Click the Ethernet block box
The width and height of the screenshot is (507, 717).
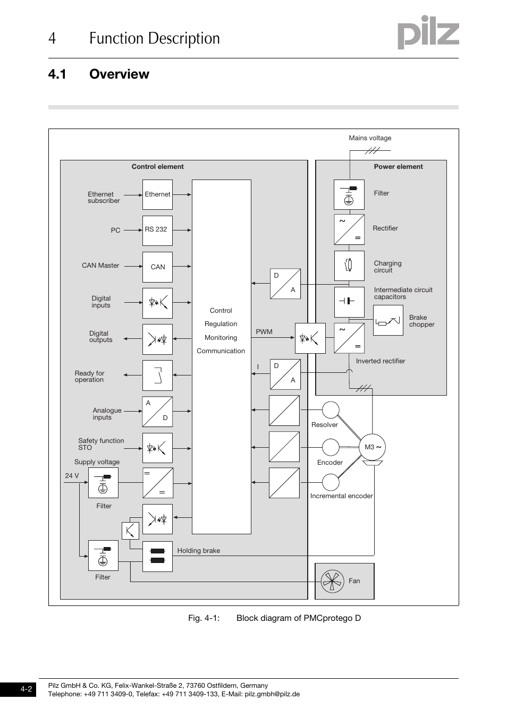(x=157, y=194)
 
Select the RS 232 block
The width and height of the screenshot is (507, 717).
(x=157, y=230)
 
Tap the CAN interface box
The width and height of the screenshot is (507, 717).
(x=157, y=267)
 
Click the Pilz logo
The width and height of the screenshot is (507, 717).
(x=428, y=33)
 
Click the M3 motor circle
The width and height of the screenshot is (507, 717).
(x=373, y=447)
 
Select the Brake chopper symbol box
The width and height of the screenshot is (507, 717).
(x=387, y=320)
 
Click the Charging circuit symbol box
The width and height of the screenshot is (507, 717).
(x=349, y=265)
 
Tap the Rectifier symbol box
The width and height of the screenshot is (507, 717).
(x=349, y=229)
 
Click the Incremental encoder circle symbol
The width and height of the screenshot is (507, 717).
(x=331, y=482)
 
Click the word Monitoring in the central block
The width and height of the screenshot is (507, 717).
(x=221, y=338)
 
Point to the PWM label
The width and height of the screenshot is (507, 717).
(x=264, y=332)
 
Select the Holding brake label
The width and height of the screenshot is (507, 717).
(x=198, y=551)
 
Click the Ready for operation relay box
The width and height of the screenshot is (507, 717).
(x=157, y=375)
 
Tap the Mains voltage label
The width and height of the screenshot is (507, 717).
(x=370, y=138)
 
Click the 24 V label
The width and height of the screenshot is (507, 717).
(x=72, y=476)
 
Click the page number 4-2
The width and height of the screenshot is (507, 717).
(x=26, y=689)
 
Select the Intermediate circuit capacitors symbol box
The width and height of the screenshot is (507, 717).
(x=349, y=301)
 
